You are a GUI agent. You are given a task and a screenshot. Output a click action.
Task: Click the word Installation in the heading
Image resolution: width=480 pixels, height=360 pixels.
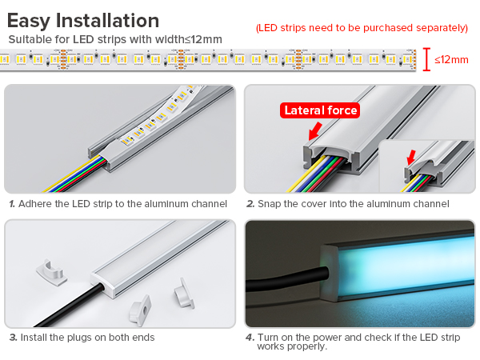pyautogui.click(x=107, y=21)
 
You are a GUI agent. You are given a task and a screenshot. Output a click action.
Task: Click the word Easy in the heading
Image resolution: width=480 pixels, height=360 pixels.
pyautogui.click(x=29, y=22)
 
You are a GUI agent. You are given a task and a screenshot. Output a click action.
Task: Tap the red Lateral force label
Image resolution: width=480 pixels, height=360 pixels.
pyautogui.click(x=320, y=110)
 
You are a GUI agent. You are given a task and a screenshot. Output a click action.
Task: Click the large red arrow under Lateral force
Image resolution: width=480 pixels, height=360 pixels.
pyautogui.click(x=315, y=130)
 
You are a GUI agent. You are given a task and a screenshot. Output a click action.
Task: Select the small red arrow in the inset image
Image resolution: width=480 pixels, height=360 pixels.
pyautogui.click(x=411, y=158)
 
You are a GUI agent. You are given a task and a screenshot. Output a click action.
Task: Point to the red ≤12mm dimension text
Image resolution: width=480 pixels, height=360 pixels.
pyautogui.click(x=451, y=60)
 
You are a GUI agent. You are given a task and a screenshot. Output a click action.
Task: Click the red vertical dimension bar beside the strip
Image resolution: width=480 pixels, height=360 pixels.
pyautogui.click(x=426, y=59)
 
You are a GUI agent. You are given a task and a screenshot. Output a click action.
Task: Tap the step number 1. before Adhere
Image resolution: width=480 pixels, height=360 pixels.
pyautogui.click(x=12, y=204)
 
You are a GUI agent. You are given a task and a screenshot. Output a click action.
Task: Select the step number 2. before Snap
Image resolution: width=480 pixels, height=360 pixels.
pyautogui.click(x=250, y=204)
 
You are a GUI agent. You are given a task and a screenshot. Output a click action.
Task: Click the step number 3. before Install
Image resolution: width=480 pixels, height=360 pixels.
pyautogui.click(x=13, y=338)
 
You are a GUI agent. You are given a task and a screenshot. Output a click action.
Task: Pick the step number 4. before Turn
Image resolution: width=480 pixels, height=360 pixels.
pyautogui.click(x=250, y=338)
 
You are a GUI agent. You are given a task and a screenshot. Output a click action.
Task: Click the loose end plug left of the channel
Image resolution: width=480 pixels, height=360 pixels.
pyautogui.click(x=51, y=273)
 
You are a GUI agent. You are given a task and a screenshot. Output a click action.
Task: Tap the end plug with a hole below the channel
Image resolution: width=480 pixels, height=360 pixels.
pyautogui.click(x=141, y=310)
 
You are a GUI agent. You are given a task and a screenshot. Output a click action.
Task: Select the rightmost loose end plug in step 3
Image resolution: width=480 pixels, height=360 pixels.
pyautogui.click(x=184, y=294)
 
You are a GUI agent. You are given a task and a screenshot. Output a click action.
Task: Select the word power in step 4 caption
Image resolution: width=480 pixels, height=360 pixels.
pyautogui.click(x=327, y=338)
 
